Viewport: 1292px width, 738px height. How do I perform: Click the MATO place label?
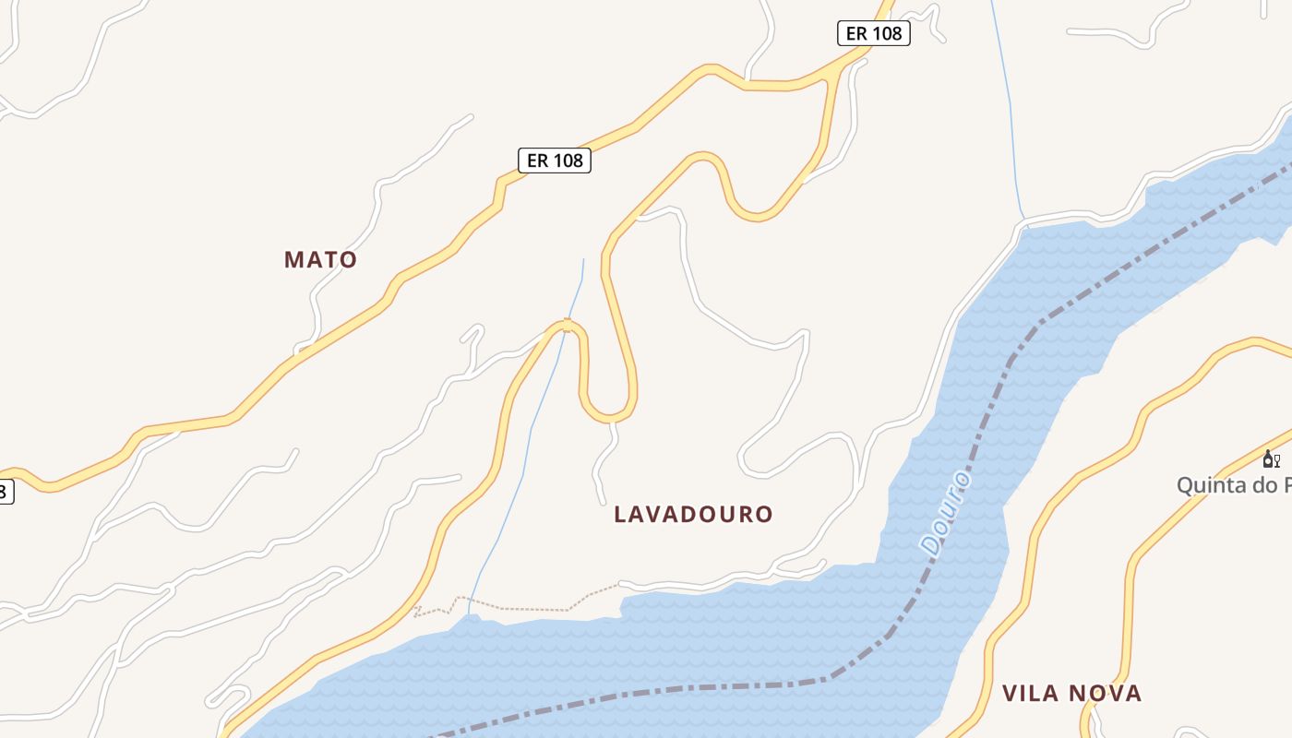[320, 259]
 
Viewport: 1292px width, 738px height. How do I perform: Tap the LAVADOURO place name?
[693, 514]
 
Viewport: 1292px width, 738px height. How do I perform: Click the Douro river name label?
[946, 513]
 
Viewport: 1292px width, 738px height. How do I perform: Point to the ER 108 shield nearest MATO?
[554, 161]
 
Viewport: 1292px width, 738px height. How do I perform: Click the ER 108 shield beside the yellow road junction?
[873, 34]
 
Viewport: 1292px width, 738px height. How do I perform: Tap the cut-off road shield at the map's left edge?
[5, 492]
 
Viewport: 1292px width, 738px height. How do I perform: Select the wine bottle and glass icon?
[1271, 458]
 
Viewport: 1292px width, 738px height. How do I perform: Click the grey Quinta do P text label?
[1233, 485]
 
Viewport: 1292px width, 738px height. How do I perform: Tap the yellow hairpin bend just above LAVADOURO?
[609, 412]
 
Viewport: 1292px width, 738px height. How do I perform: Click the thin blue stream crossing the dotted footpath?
[470, 604]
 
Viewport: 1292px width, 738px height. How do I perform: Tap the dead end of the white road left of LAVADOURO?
[604, 503]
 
